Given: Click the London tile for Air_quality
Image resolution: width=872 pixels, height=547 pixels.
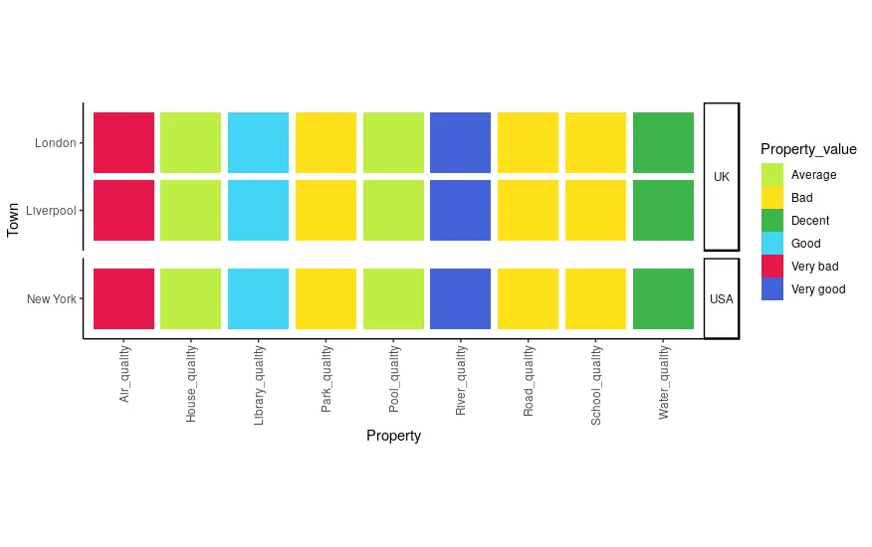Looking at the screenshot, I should [123, 142].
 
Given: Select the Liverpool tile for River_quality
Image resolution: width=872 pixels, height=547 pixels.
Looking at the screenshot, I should [460, 210].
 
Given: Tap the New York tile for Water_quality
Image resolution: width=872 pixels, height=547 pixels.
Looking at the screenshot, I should [663, 298].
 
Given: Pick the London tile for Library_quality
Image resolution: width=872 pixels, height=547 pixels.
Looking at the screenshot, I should [258, 142].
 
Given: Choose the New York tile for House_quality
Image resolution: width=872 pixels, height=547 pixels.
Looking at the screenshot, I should [190, 298].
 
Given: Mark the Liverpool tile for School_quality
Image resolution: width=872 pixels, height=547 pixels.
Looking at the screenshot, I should [595, 210].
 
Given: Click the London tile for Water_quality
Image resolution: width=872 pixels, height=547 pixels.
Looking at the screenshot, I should [663, 142].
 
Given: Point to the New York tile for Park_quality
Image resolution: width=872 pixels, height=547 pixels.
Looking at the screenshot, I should [326, 298].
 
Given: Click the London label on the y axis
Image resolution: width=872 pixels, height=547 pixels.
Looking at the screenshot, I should [55, 143].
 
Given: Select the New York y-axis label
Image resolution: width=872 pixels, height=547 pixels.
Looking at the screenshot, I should [52, 299].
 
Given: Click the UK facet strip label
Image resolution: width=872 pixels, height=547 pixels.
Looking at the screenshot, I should [722, 177].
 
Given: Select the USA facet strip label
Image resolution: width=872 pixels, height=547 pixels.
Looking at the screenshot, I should [722, 298].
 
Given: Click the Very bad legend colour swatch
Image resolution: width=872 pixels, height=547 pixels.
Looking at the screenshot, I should [772, 267].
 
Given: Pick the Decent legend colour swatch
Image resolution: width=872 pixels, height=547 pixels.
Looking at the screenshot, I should [772, 221].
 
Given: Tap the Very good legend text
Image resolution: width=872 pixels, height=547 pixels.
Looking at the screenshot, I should [818, 289].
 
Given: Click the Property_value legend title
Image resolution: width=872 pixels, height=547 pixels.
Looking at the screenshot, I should [808, 149].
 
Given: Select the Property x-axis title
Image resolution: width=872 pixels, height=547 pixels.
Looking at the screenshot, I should [393, 436].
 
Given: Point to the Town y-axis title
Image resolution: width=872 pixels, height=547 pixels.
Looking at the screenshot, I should [14, 220].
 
